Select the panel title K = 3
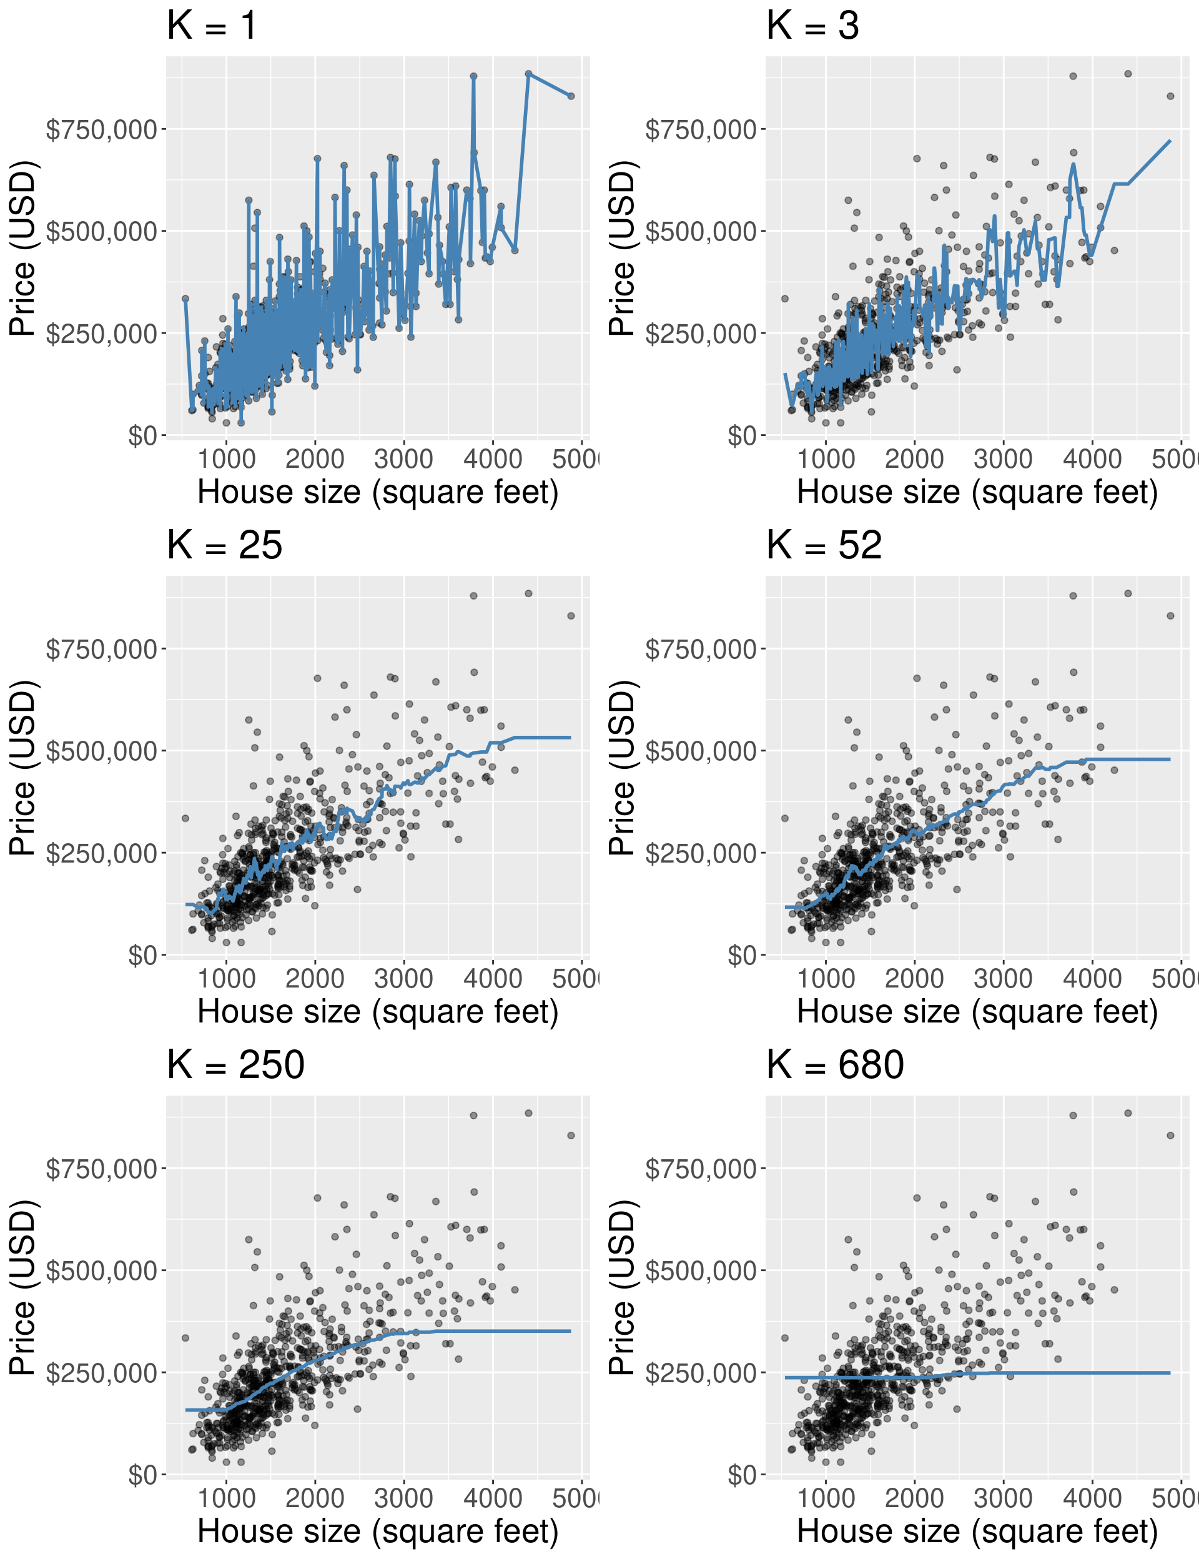click(x=812, y=26)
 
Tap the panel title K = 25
click(x=224, y=546)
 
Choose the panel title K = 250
click(x=235, y=1066)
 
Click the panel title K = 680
click(x=835, y=1066)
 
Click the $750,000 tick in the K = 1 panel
click(x=101, y=130)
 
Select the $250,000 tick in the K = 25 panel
click(x=101, y=854)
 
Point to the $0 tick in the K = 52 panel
click(x=743, y=956)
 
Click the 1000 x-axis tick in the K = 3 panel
click(x=826, y=459)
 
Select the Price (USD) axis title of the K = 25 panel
click(x=23, y=768)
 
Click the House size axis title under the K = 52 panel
click(x=977, y=1012)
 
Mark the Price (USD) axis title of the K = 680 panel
click(x=623, y=1287)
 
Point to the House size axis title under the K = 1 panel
click(x=378, y=493)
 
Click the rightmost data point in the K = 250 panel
click(x=571, y=1136)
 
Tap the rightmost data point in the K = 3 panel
click(x=1170, y=96)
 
